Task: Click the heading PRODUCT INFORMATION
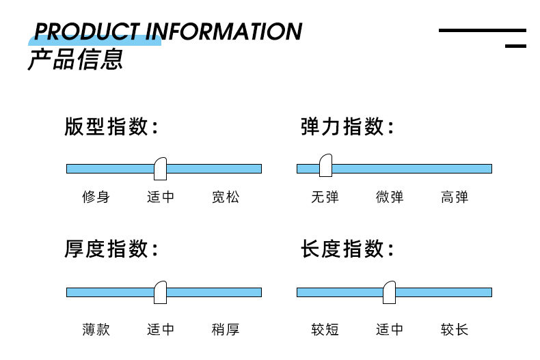point(167,31)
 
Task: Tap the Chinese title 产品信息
point(75,59)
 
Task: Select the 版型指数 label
point(111,127)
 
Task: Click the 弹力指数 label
point(347,127)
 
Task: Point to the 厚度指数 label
point(111,249)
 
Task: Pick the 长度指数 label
point(347,249)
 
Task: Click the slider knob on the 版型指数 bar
point(160,168)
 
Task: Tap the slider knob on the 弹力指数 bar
point(325,165)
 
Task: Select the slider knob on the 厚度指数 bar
point(161,292)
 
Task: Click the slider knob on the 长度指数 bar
point(389,292)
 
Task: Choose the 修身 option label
point(96,197)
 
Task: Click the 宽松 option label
point(226,197)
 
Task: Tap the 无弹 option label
point(325,197)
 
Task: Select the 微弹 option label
point(390,197)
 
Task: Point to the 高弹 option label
point(455,197)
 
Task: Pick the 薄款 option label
point(96,329)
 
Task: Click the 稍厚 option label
point(226,329)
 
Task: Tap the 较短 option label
point(325,329)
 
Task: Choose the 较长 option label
point(455,329)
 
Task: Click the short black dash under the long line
point(515,46)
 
